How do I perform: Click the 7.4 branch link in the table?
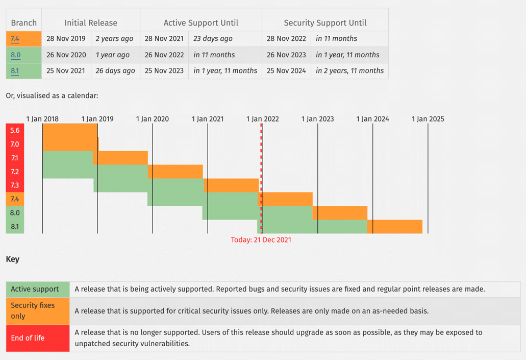(x=15, y=39)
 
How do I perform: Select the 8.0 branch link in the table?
(x=15, y=55)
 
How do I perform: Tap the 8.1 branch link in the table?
(x=15, y=71)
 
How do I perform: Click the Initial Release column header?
(x=91, y=22)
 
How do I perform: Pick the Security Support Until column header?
(x=325, y=22)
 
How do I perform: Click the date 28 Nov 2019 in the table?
(x=66, y=39)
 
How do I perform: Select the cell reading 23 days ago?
(x=213, y=39)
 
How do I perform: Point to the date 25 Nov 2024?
(x=286, y=71)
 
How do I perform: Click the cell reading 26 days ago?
(x=115, y=71)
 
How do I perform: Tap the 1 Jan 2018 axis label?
(x=42, y=119)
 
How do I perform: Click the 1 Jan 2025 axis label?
(x=428, y=119)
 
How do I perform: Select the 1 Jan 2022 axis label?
(x=262, y=119)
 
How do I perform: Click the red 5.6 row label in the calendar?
(x=15, y=131)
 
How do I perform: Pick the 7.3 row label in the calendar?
(x=15, y=185)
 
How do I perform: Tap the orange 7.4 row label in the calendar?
(x=15, y=199)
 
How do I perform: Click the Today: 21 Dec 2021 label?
(x=261, y=239)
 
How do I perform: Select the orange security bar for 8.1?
(x=394, y=226)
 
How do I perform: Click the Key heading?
(x=13, y=259)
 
